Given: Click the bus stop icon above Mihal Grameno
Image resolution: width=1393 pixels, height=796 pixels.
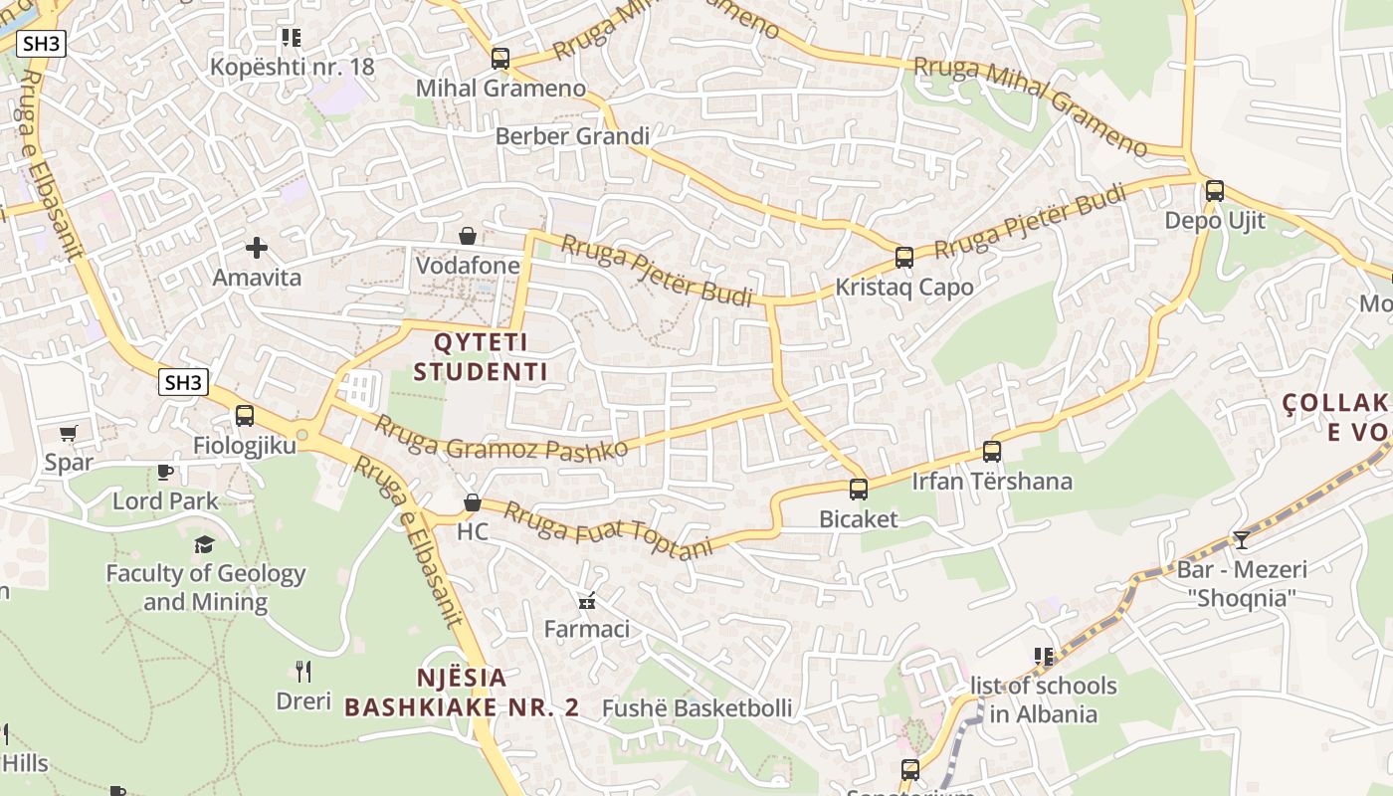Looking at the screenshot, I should point(500,59).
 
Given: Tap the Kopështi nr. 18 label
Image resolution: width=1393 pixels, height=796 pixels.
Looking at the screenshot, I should point(293,67).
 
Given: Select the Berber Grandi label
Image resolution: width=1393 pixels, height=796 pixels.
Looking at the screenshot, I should point(572,136).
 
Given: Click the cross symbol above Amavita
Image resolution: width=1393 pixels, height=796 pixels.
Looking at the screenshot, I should point(257,247).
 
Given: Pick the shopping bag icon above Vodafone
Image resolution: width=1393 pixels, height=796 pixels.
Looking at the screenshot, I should point(467,236).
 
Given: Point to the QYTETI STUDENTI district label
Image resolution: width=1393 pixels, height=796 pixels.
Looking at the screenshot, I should point(481,357).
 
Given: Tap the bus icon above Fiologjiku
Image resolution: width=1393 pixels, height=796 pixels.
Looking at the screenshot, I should point(245,416).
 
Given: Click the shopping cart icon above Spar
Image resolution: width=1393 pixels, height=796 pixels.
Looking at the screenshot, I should point(69,433).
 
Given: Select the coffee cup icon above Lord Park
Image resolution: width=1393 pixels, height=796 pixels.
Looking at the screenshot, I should point(165,472).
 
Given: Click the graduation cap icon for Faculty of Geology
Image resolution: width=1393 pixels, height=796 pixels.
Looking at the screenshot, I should point(204,544).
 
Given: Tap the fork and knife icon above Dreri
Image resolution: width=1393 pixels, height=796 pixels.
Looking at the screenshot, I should point(303,672).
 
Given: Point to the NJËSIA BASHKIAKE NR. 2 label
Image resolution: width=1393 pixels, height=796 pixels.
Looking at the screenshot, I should point(462,693).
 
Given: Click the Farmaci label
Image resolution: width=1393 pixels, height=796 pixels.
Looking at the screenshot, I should point(586,629).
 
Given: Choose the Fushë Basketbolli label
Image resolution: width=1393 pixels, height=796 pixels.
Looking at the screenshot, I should point(697,708).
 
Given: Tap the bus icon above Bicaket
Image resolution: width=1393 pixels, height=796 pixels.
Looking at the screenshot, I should point(859,490).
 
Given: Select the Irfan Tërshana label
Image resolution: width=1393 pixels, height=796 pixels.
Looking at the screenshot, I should point(992,482).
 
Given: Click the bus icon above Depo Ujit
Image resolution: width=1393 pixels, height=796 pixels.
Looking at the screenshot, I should point(1215,191).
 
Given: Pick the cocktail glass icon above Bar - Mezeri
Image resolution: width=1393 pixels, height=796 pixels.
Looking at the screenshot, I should point(1241,540).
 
